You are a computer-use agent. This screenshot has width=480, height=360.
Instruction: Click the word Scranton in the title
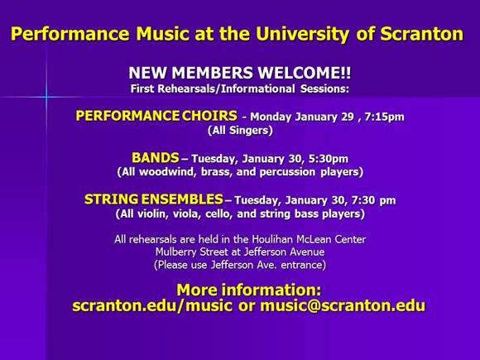[422, 34]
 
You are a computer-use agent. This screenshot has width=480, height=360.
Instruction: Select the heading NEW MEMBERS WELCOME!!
[240, 73]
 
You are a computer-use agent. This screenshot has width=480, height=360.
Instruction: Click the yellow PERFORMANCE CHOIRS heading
[156, 116]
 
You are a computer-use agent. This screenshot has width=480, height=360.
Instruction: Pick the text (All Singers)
[240, 131]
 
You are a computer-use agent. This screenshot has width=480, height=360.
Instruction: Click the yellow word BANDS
[156, 158]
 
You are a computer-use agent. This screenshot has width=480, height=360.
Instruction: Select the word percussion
[287, 172]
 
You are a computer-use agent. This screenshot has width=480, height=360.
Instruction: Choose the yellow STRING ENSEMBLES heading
[154, 199]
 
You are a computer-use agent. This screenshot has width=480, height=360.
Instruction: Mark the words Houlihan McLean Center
[309, 239]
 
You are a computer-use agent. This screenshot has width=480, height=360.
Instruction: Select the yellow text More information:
[249, 290]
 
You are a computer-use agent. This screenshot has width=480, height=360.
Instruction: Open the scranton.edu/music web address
[152, 306]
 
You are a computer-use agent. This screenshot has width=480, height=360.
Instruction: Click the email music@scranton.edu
[343, 306]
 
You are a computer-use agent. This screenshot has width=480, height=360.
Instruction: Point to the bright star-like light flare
[46, 97]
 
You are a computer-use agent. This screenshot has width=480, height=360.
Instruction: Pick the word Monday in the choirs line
[271, 118]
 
